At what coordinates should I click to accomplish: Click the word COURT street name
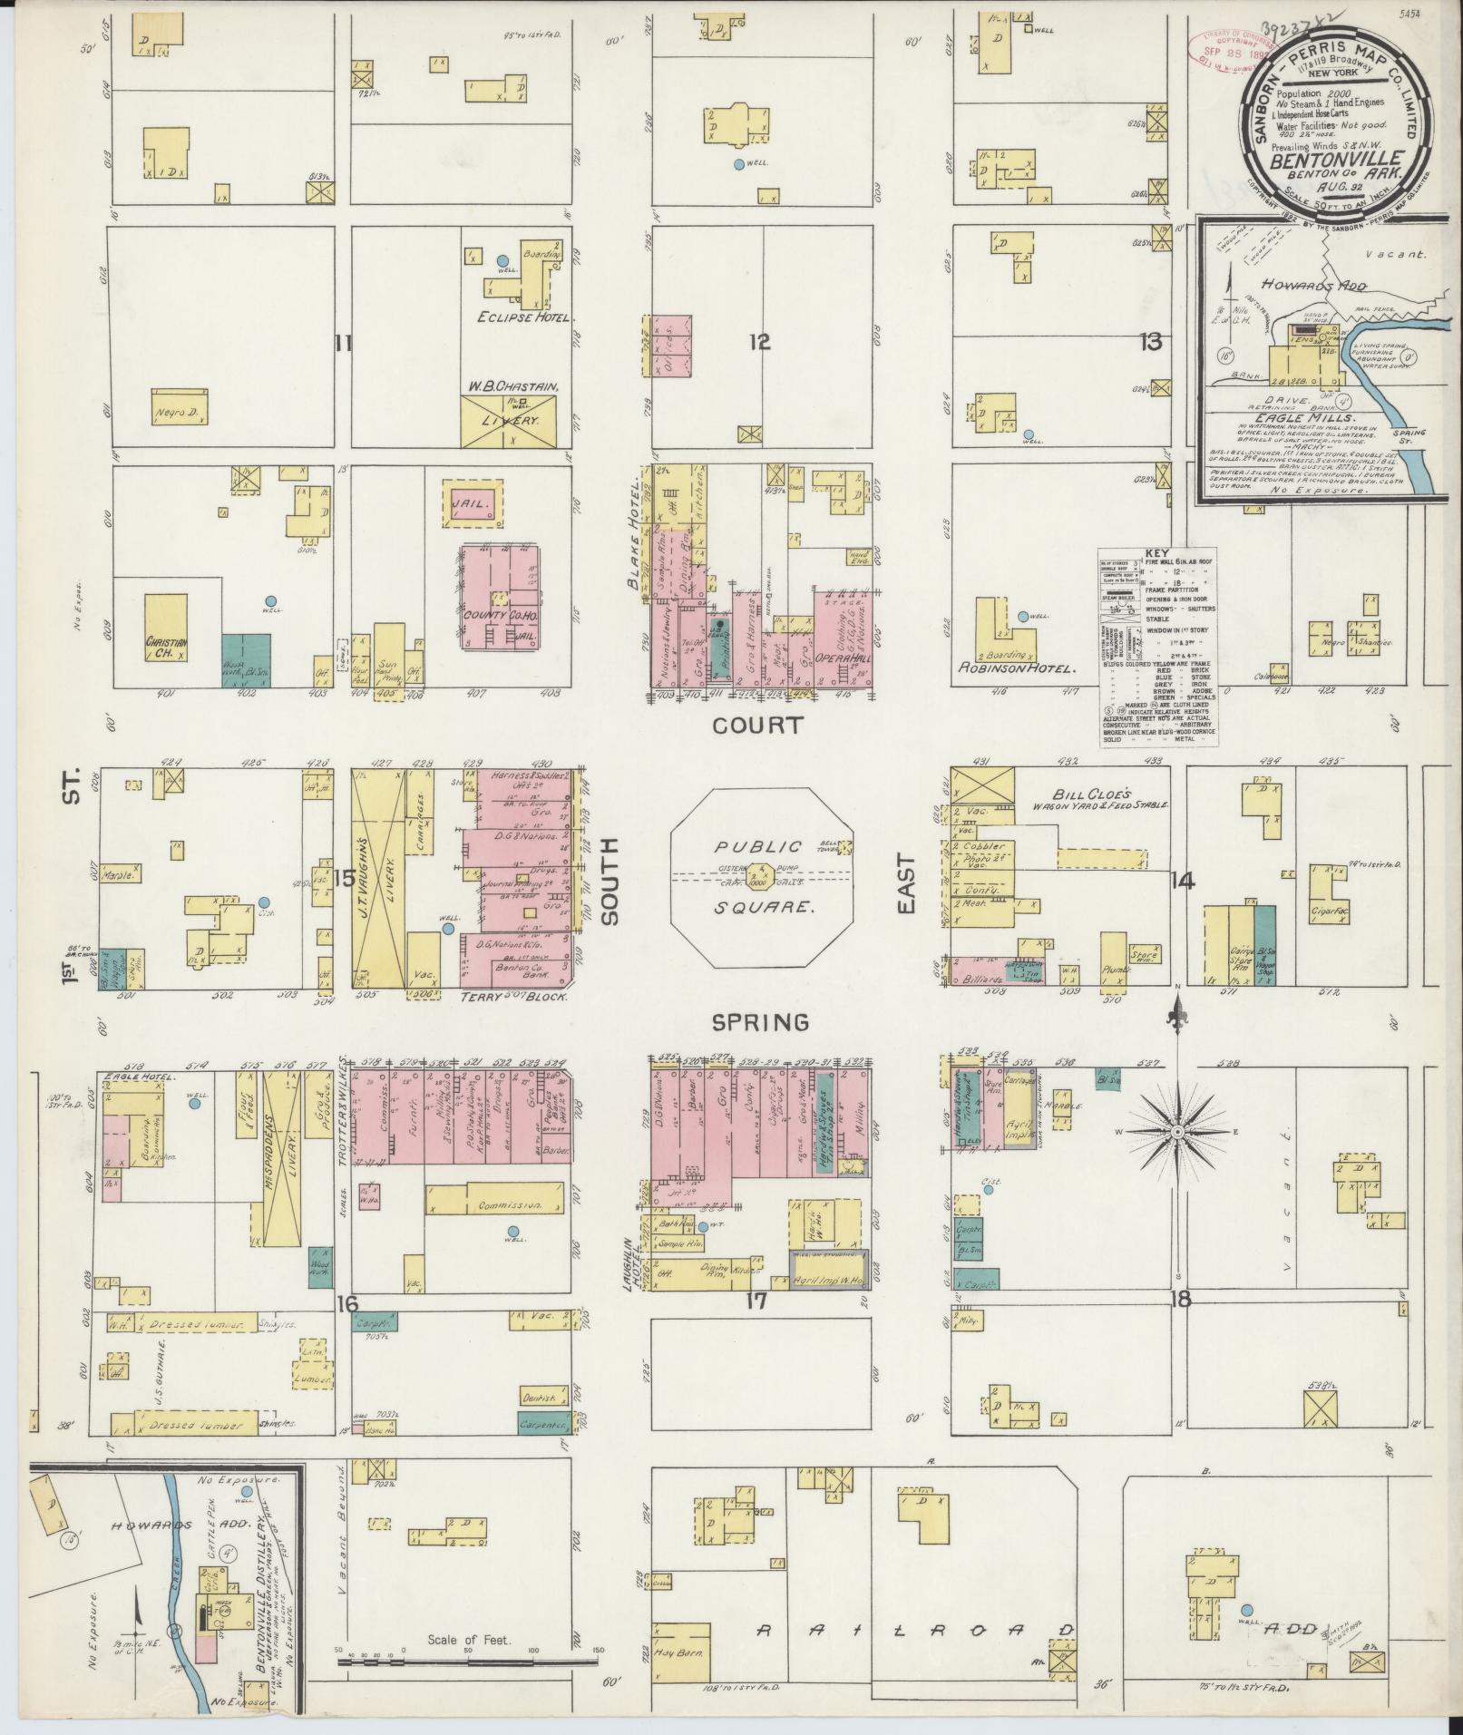tap(757, 726)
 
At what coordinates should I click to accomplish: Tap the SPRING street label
tap(759, 1023)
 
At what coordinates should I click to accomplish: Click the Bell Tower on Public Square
tap(845, 848)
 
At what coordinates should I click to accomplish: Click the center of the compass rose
tap(1176, 1133)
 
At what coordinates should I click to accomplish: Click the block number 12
tap(760, 342)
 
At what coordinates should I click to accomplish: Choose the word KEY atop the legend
tap(1157, 553)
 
